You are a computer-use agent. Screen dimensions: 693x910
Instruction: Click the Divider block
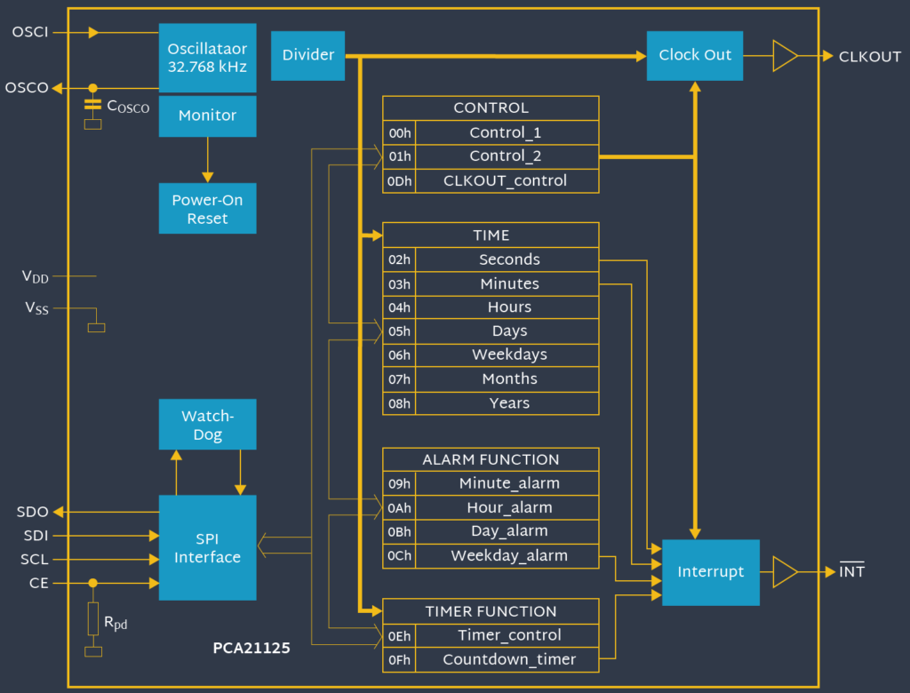(307, 55)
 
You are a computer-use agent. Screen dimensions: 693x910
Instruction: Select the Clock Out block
(694, 55)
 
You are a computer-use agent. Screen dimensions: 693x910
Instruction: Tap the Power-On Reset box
(207, 209)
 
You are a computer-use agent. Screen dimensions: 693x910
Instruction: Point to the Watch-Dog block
(207, 425)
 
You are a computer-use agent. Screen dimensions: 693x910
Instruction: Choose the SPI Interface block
(207, 547)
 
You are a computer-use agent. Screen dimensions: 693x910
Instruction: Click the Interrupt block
(710, 572)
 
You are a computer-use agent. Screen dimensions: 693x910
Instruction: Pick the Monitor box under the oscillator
(207, 115)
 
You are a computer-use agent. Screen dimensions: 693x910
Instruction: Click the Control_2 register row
(506, 156)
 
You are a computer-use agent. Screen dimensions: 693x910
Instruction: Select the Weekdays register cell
(509, 354)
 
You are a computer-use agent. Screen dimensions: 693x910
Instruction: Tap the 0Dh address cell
(399, 180)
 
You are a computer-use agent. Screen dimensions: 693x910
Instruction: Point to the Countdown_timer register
(509, 659)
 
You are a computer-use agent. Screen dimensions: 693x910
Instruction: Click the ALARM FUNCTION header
(491, 459)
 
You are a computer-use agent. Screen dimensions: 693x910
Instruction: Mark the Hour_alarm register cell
(509, 507)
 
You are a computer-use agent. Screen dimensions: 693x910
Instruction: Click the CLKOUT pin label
(869, 57)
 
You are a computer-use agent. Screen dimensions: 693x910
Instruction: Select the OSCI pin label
(30, 33)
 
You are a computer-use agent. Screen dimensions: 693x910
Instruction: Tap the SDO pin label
(32, 513)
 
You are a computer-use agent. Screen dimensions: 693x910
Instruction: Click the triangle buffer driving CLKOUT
(784, 55)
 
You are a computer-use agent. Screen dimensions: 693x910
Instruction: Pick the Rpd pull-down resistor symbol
(92, 617)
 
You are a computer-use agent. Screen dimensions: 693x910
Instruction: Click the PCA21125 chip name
(251, 649)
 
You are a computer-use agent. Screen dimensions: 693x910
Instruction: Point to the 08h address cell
(399, 402)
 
